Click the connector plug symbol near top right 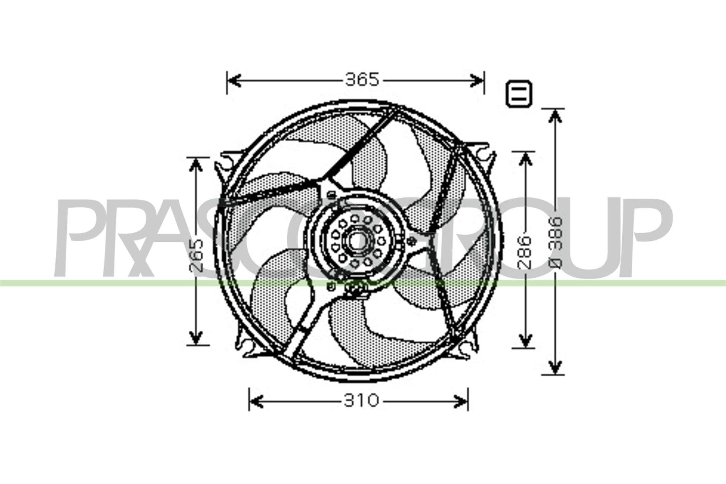click(519, 94)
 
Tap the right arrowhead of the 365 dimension click(477, 80)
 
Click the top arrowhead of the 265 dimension click(196, 165)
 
